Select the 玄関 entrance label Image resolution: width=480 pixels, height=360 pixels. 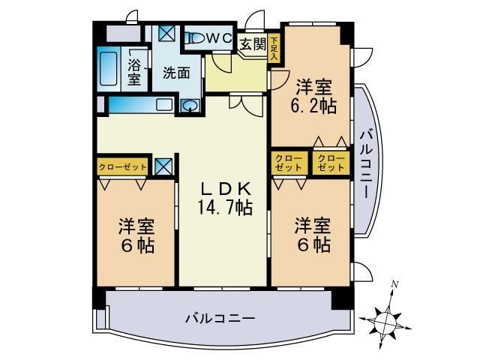point(253,43)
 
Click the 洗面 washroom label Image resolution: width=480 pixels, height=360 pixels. point(175,73)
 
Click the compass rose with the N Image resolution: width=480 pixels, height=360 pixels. point(388,319)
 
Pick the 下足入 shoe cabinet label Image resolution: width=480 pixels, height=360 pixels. point(274,47)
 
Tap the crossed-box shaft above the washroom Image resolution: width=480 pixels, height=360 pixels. point(166,34)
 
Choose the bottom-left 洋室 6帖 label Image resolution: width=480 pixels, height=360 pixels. point(136,235)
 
